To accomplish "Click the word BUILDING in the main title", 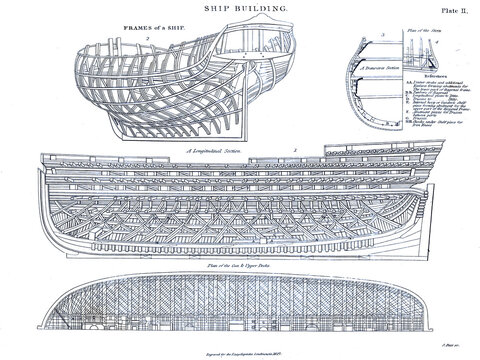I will click(x=258, y=8).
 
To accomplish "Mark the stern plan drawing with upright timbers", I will click(x=415, y=60).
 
